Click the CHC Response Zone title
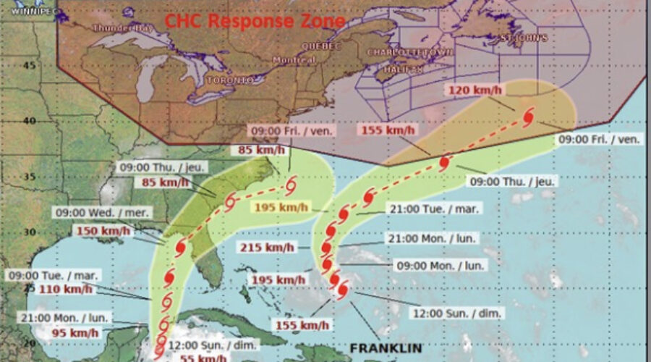point(255,20)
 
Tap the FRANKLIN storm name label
point(385,348)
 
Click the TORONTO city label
point(231,80)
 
